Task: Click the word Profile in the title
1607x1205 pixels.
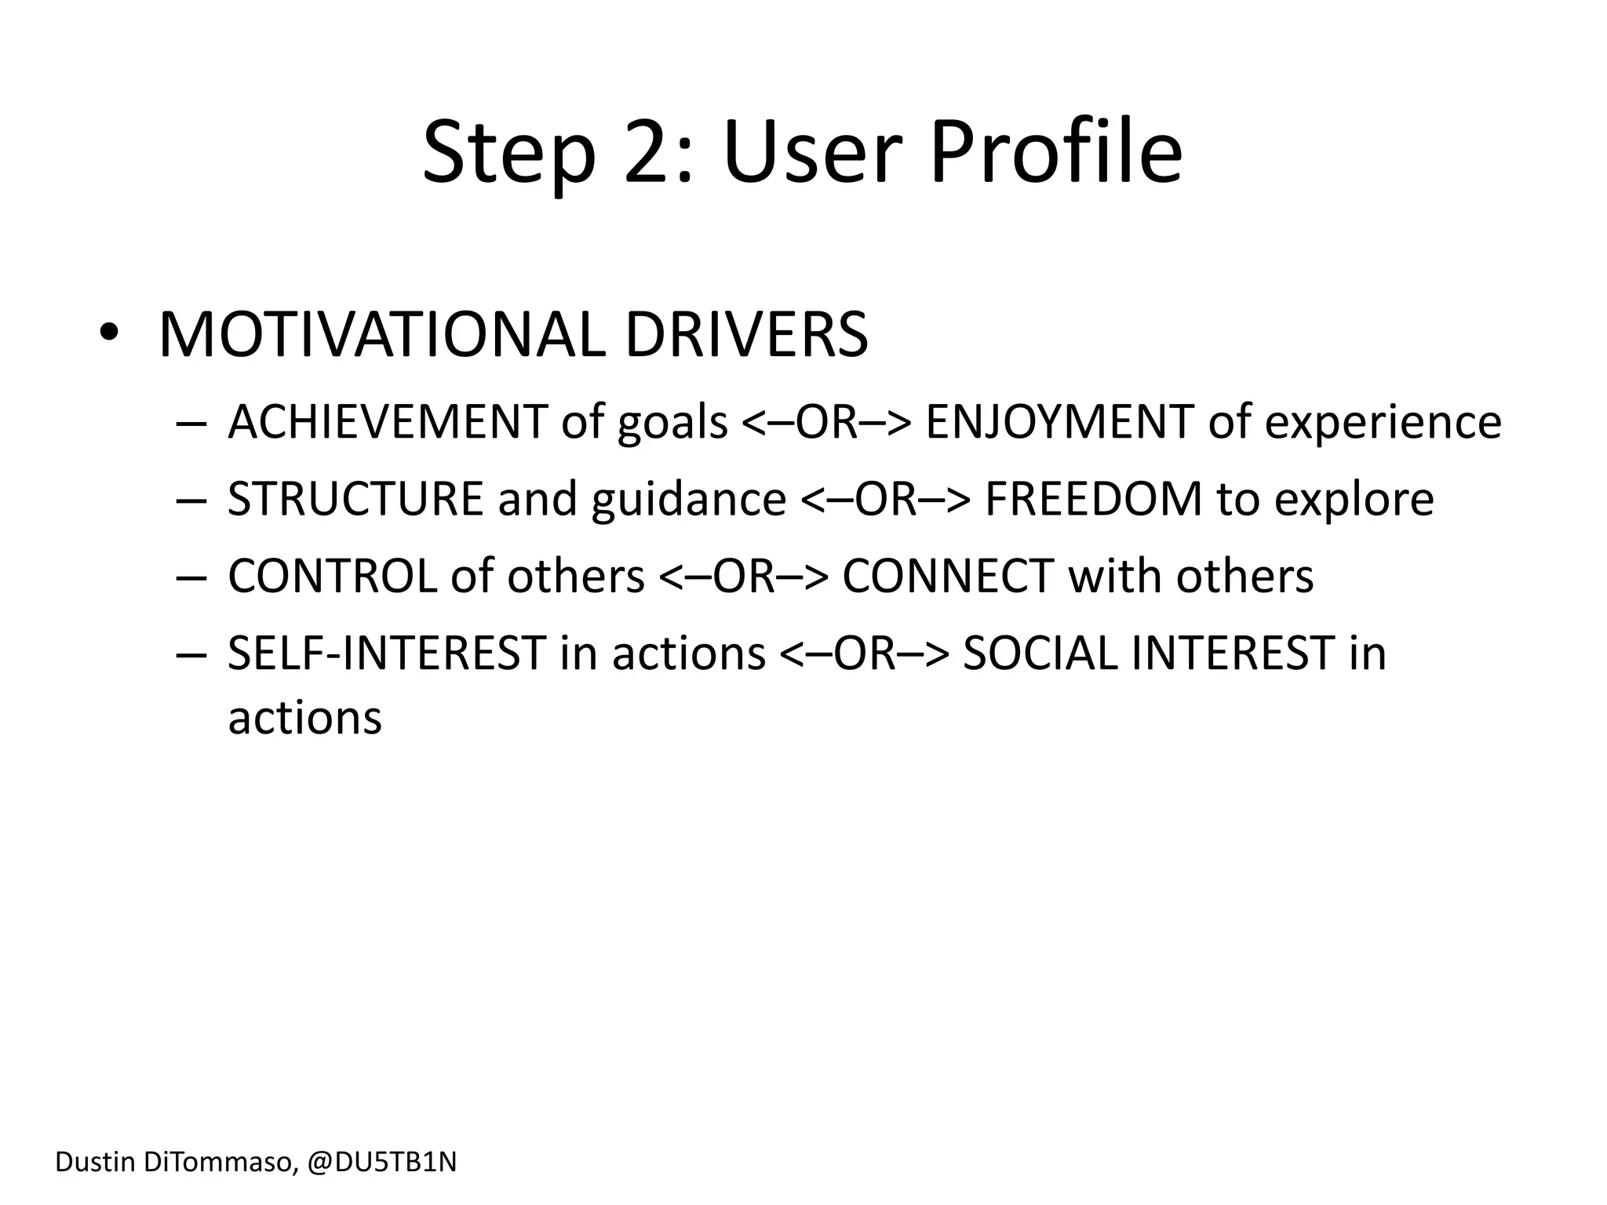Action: (1055, 153)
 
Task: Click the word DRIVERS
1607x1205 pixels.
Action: (746, 336)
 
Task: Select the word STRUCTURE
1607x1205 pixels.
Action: (355, 499)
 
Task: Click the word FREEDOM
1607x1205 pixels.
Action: (1093, 499)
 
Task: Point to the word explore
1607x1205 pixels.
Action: (1354, 499)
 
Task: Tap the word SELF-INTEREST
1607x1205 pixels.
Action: (386, 653)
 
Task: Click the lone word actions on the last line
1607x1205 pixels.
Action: (304, 717)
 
